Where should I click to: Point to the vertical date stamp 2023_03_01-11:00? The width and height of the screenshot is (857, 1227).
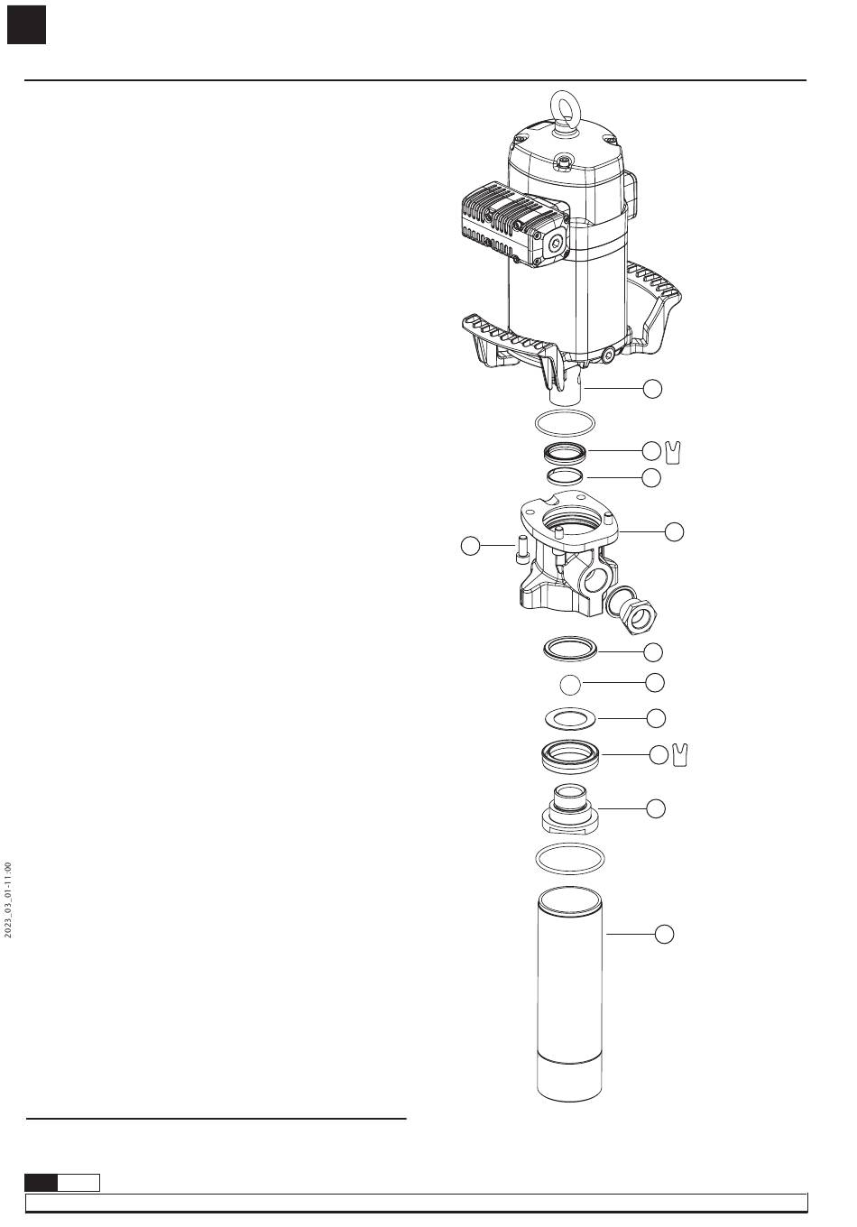pyautogui.click(x=8, y=900)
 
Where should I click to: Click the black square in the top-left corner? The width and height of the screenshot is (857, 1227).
pyautogui.click(x=26, y=25)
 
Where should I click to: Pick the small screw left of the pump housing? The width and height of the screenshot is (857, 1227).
pyautogui.click(x=522, y=550)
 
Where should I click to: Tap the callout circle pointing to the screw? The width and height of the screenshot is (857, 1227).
pyautogui.click(x=470, y=546)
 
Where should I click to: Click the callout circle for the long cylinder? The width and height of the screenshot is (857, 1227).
pyautogui.click(x=663, y=935)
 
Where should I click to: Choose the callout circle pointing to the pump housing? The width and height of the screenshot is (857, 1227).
pyautogui.click(x=674, y=531)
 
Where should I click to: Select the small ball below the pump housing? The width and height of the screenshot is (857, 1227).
pyautogui.click(x=569, y=686)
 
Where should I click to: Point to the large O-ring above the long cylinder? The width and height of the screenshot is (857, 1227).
pyautogui.click(x=569, y=858)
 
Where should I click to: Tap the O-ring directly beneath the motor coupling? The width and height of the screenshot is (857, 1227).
pyautogui.click(x=565, y=422)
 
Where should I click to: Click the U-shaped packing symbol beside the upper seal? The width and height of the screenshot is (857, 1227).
pyautogui.click(x=673, y=451)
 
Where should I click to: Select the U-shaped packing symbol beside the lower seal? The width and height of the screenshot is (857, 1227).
pyautogui.click(x=681, y=756)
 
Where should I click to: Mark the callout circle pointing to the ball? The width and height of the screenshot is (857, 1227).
pyautogui.click(x=655, y=683)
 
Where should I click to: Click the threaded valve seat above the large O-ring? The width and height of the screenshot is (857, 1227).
pyautogui.click(x=568, y=809)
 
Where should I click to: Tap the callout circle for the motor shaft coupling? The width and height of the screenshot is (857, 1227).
pyautogui.click(x=652, y=389)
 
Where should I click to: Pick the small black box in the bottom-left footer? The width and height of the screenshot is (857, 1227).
pyautogui.click(x=41, y=1182)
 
